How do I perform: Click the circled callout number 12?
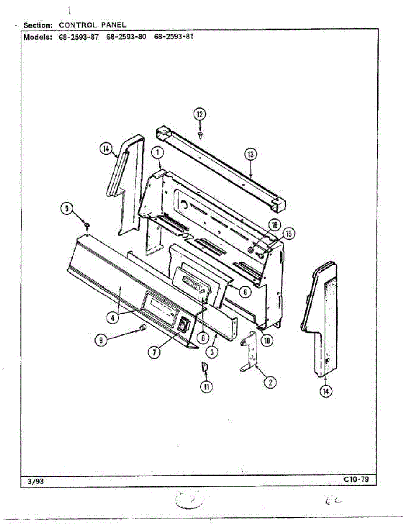click(200, 114)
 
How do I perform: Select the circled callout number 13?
click(250, 154)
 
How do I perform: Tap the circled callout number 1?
click(157, 153)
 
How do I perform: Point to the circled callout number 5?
click(67, 209)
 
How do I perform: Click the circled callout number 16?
click(274, 225)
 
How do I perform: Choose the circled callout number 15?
click(289, 234)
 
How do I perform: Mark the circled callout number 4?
click(113, 318)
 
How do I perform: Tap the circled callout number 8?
click(203, 338)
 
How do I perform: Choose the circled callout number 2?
click(270, 383)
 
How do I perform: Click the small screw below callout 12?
click(200, 135)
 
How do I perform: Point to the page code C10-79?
click(356, 479)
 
